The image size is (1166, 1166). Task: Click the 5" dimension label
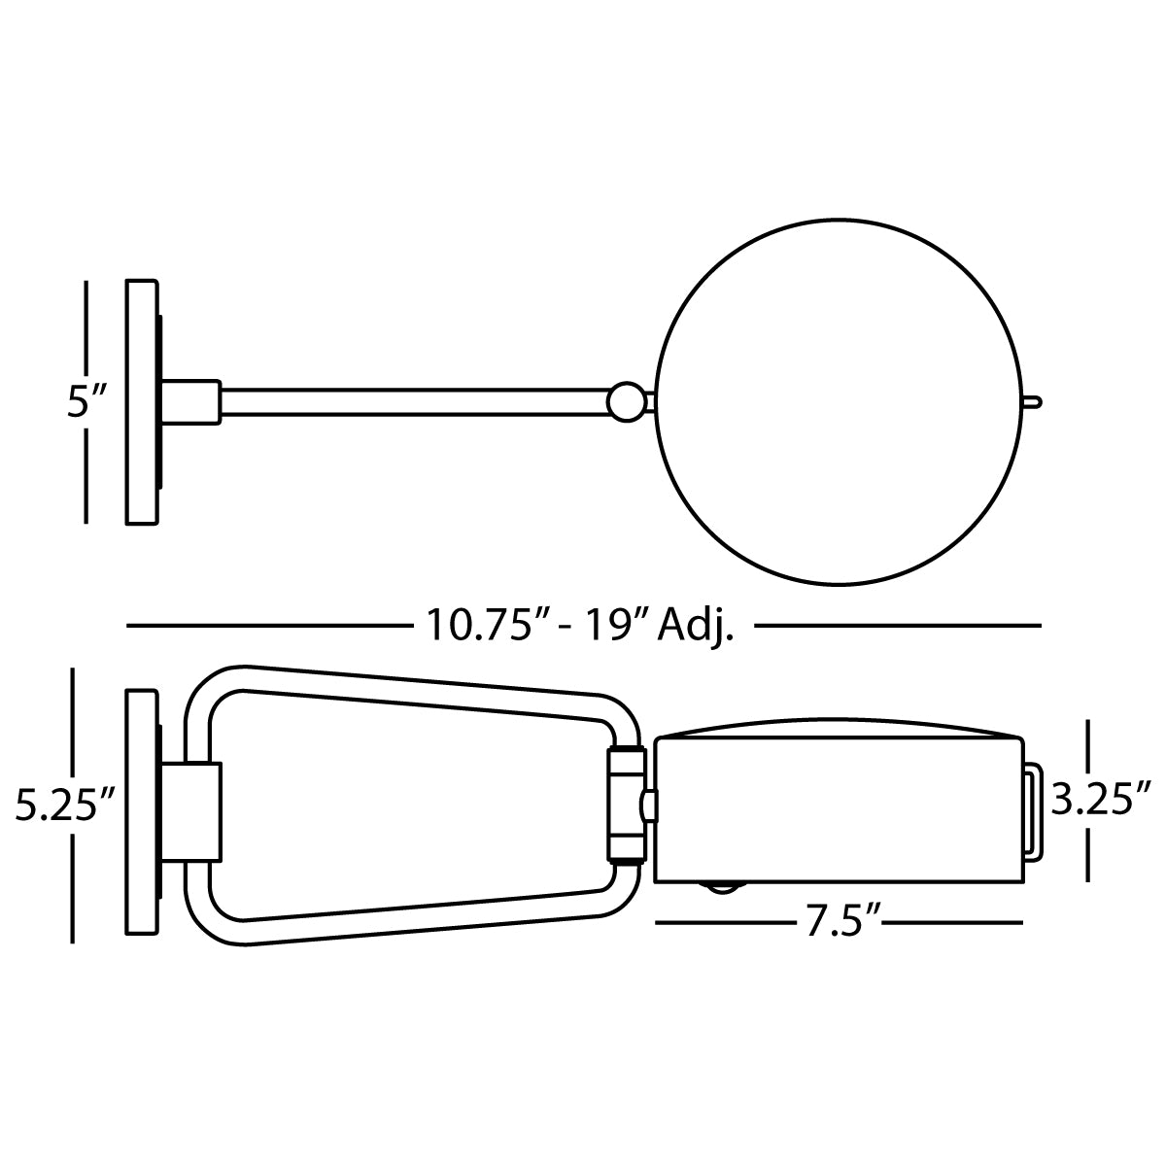(x=87, y=401)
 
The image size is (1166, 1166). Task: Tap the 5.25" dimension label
(x=65, y=806)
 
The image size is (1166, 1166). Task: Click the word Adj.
(x=696, y=627)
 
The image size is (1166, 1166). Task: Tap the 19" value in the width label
(x=612, y=625)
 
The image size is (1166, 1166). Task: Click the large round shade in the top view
(x=839, y=401)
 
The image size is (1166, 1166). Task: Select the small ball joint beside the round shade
(x=627, y=401)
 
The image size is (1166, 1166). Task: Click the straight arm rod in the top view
(x=414, y=401)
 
